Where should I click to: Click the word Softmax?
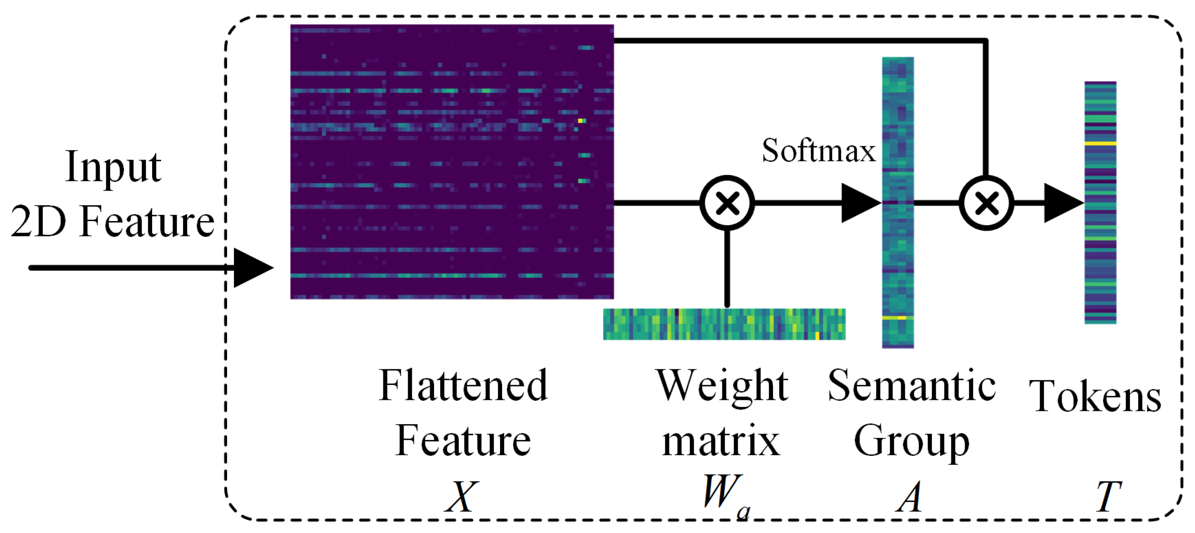pyautogui.click(x=818, y=151)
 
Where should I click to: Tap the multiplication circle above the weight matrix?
pyautogui.click(x=727, y=203)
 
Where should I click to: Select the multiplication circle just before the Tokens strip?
pyautogui.click(x=986, y=203)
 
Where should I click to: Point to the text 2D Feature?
pyautogui.click(x=112, y=222)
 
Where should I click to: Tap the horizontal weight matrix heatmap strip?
pyautogui.click(x=724, y=324)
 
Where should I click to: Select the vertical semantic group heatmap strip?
pyautogui.click(x=898, y=202)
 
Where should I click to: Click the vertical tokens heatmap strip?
pyautogui.click(x=1100, y=202)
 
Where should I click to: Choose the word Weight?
pyautogui.click(x=722, y=386)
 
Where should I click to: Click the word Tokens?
pyautogui.click(x=1095, y=397)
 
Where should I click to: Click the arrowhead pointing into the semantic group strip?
pyautogui.click(x=861, y=203)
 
